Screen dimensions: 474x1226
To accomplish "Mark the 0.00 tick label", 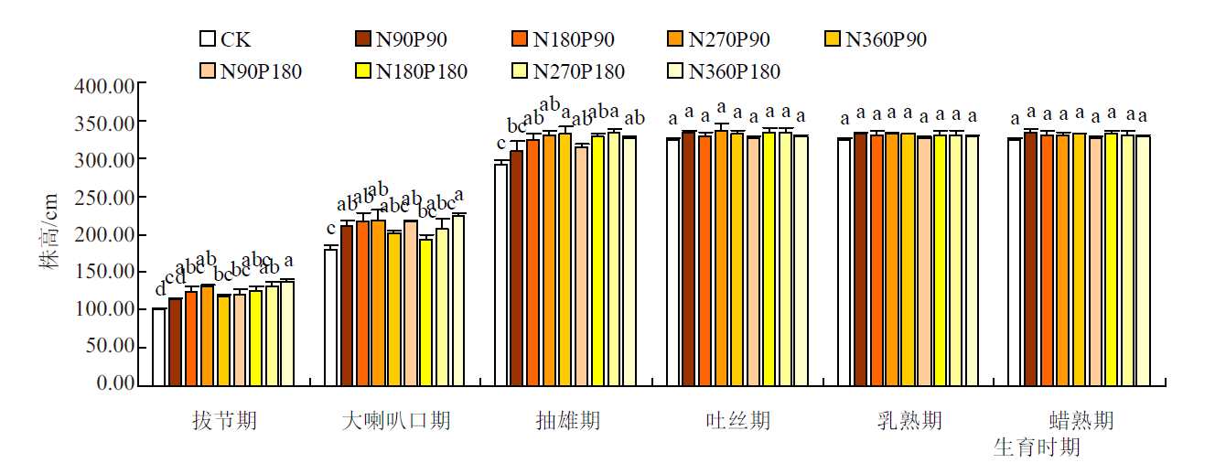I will [115, 384].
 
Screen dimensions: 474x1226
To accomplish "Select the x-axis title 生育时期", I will [1037, 447].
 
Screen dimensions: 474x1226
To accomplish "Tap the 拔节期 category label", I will [224, 421].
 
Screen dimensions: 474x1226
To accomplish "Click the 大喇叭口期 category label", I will [396, 421].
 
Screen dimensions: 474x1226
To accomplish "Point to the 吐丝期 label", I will [738, 421].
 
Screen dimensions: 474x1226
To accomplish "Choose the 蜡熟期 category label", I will [1081, 421].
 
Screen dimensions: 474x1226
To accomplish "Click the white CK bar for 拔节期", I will [159, 348].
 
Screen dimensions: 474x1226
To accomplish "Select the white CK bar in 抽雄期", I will [501, 275].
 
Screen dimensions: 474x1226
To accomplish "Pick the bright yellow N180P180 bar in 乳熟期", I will [940, 261].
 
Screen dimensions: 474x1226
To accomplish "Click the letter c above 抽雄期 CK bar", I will [501, 144].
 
